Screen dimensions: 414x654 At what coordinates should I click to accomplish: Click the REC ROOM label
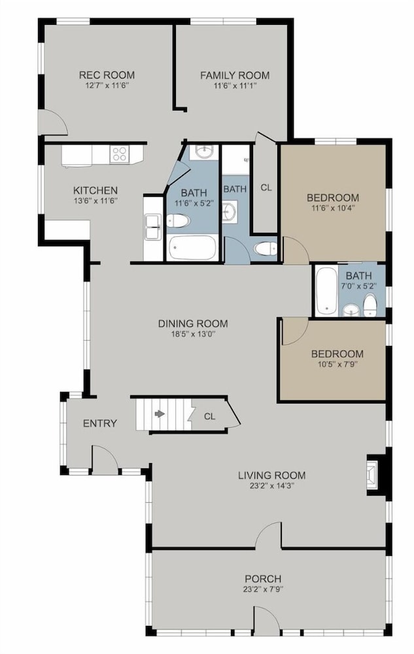point(107,75)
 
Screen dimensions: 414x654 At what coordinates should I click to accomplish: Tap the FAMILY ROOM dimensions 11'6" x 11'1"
point(235,86)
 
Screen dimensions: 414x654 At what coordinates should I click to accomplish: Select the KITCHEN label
point(95,190)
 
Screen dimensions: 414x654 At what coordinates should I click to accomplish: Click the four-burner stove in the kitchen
point(120,154)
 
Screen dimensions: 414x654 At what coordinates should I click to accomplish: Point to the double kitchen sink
point(152,227)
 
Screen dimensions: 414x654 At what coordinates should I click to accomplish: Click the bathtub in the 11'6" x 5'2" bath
point(192,248)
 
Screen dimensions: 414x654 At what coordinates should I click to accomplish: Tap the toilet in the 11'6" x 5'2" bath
point(178,220)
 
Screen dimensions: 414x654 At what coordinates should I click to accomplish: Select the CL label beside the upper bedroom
point(266,188)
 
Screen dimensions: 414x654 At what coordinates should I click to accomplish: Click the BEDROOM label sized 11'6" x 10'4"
point(333,198)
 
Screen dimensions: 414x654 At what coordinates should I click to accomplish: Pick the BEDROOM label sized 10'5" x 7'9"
point(337,354)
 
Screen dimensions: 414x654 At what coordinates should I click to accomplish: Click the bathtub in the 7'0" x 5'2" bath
point(326,291)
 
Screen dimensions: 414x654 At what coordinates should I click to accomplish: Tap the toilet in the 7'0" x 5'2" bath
point(370,305)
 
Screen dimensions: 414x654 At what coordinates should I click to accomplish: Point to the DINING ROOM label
point(193,323)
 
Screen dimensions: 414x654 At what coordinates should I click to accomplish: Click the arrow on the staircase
point(160,414)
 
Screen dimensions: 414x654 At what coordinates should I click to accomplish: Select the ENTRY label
point(99,423)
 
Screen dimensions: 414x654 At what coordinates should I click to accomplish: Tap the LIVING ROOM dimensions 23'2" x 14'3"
point(272,485)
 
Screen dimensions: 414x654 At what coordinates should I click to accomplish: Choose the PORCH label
point(263,579)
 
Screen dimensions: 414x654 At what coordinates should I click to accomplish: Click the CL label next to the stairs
point(210,416)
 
